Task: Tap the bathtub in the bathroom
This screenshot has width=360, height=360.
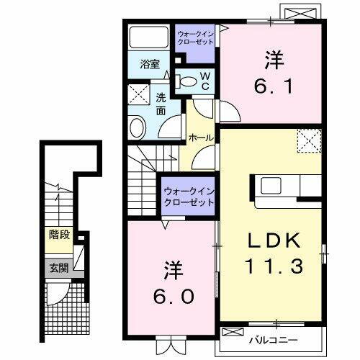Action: (149, 37)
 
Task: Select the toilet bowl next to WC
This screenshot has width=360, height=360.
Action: (188, 82)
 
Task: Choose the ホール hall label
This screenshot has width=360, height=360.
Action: (200, 137)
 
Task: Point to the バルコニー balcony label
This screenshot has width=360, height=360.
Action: (274, 336)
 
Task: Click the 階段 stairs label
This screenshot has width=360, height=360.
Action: (58, 234)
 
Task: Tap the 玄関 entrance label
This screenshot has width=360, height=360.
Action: (58, 269)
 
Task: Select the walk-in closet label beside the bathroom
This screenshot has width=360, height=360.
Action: (194, 37)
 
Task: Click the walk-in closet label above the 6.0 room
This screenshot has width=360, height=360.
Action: (189, 197)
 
